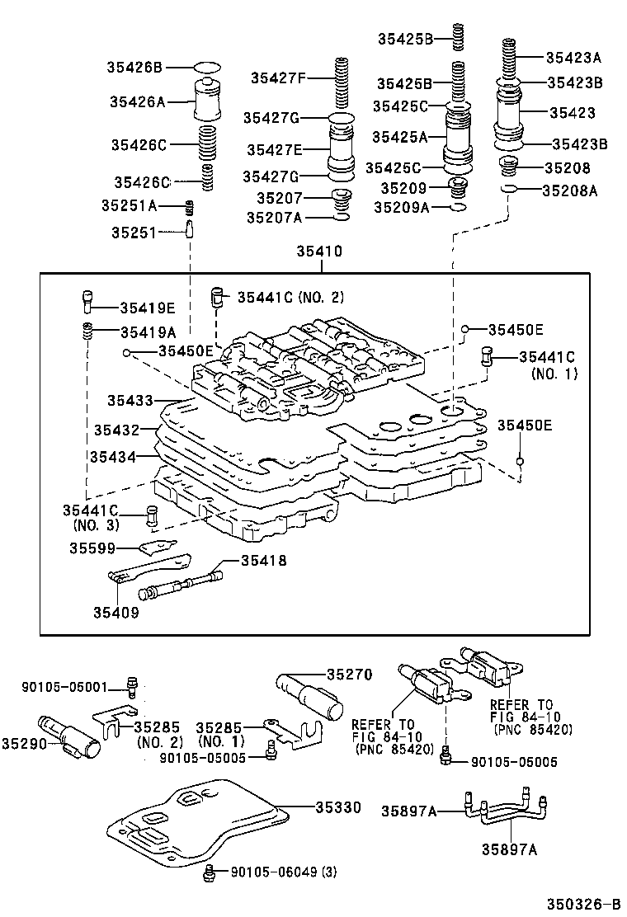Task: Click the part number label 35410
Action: pyautogui.click(x=314, y=252)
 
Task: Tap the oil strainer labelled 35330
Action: pyautogui.click(x=198, y=821)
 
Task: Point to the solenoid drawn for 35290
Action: pyautogui.click(x=73, y=733)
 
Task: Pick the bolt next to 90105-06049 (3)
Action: pyautogui.click(x=210, y=872)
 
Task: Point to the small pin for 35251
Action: pyautogui.click(x=189, y=228)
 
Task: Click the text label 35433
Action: pyautogui.click(x=130, y=401)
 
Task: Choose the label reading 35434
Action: pyautogui.click(x=114, y=455)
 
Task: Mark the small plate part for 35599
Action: pyautogui.click(x=157, y=547)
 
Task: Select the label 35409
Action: pyautogui.click(x=115, y=612)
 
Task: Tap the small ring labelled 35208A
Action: pyautogui.click(x=511, y=190)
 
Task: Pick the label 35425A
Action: pyautogui.click(x=399, y=137)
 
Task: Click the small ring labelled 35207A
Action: pyautogui.click(x=341, y=218)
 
